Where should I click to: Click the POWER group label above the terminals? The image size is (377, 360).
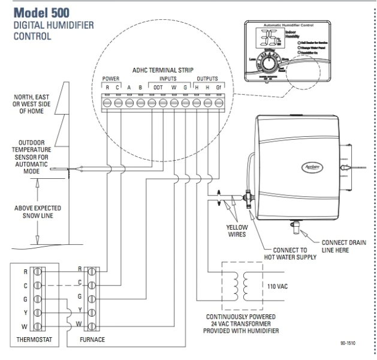pyautogui.click(x=112, y=78)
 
